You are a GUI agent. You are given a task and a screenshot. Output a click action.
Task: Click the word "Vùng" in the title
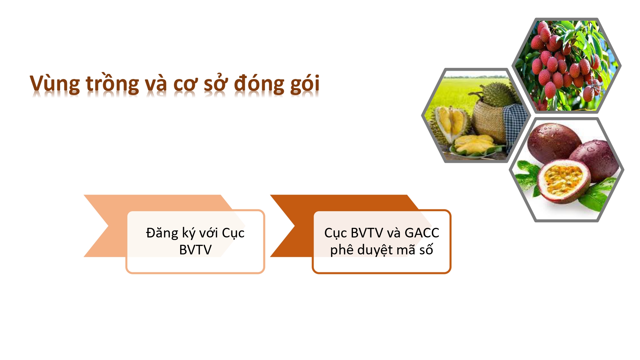point(55,84)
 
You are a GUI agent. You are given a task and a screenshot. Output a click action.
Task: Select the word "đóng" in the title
point(259,84)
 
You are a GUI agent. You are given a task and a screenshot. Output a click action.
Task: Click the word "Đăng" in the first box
point(162,233)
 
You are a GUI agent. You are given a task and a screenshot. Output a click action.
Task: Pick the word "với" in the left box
point(208,233)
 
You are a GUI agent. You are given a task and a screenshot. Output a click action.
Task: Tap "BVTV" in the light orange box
point(195,250)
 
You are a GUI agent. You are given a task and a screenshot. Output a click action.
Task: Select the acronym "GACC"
point(422,233)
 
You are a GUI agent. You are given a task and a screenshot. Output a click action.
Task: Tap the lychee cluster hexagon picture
point(566,66)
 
